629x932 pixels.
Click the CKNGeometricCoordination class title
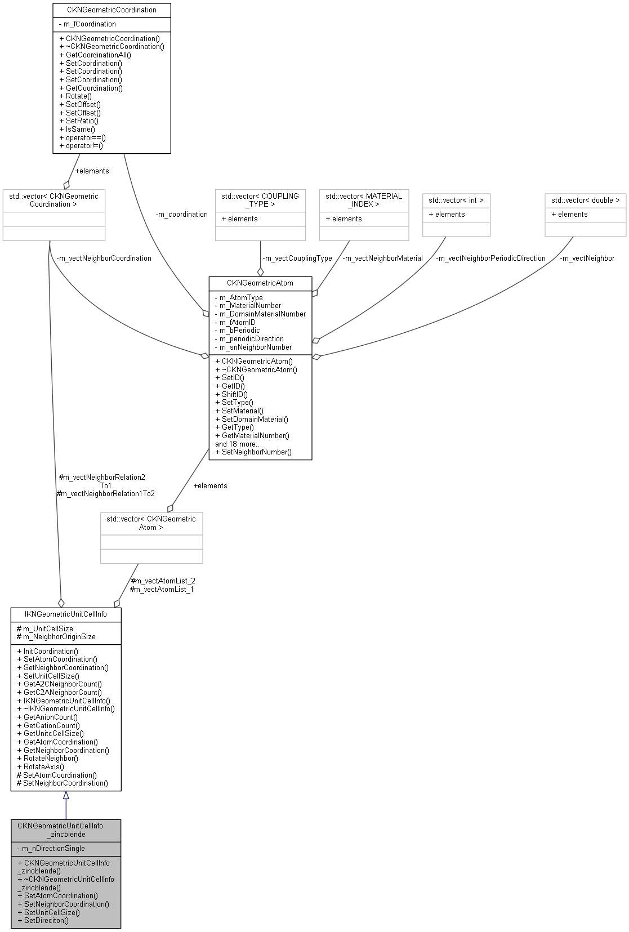pos(111,10)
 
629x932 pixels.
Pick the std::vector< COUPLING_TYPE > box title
pos(260,200)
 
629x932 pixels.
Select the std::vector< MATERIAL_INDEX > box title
pos(364,200)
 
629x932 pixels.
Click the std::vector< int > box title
pos(456,200)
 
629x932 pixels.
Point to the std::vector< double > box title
pos(585,200)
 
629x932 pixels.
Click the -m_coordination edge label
pos(181,215)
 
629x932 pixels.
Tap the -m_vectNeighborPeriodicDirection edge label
pos(490,258)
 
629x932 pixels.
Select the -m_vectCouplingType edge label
pos(297,258)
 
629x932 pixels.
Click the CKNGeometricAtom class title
pos(260,283)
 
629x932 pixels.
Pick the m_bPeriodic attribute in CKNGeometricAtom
pos(237,331)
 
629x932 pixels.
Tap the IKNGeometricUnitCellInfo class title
pos(66,614)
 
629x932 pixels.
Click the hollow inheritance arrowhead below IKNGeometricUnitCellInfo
pos(66,795)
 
